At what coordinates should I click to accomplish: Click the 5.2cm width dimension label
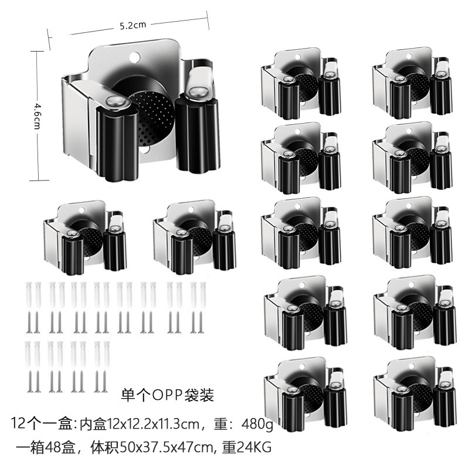pos(132,26)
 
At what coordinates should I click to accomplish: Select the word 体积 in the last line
pos(106,447)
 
